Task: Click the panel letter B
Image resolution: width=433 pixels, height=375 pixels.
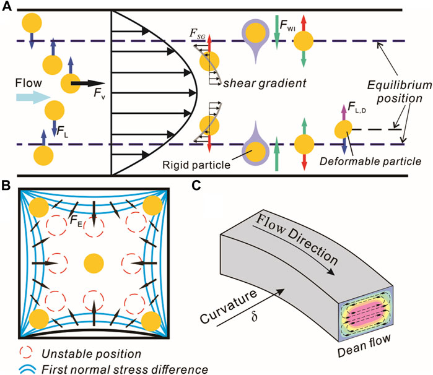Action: (x=6, y=184)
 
